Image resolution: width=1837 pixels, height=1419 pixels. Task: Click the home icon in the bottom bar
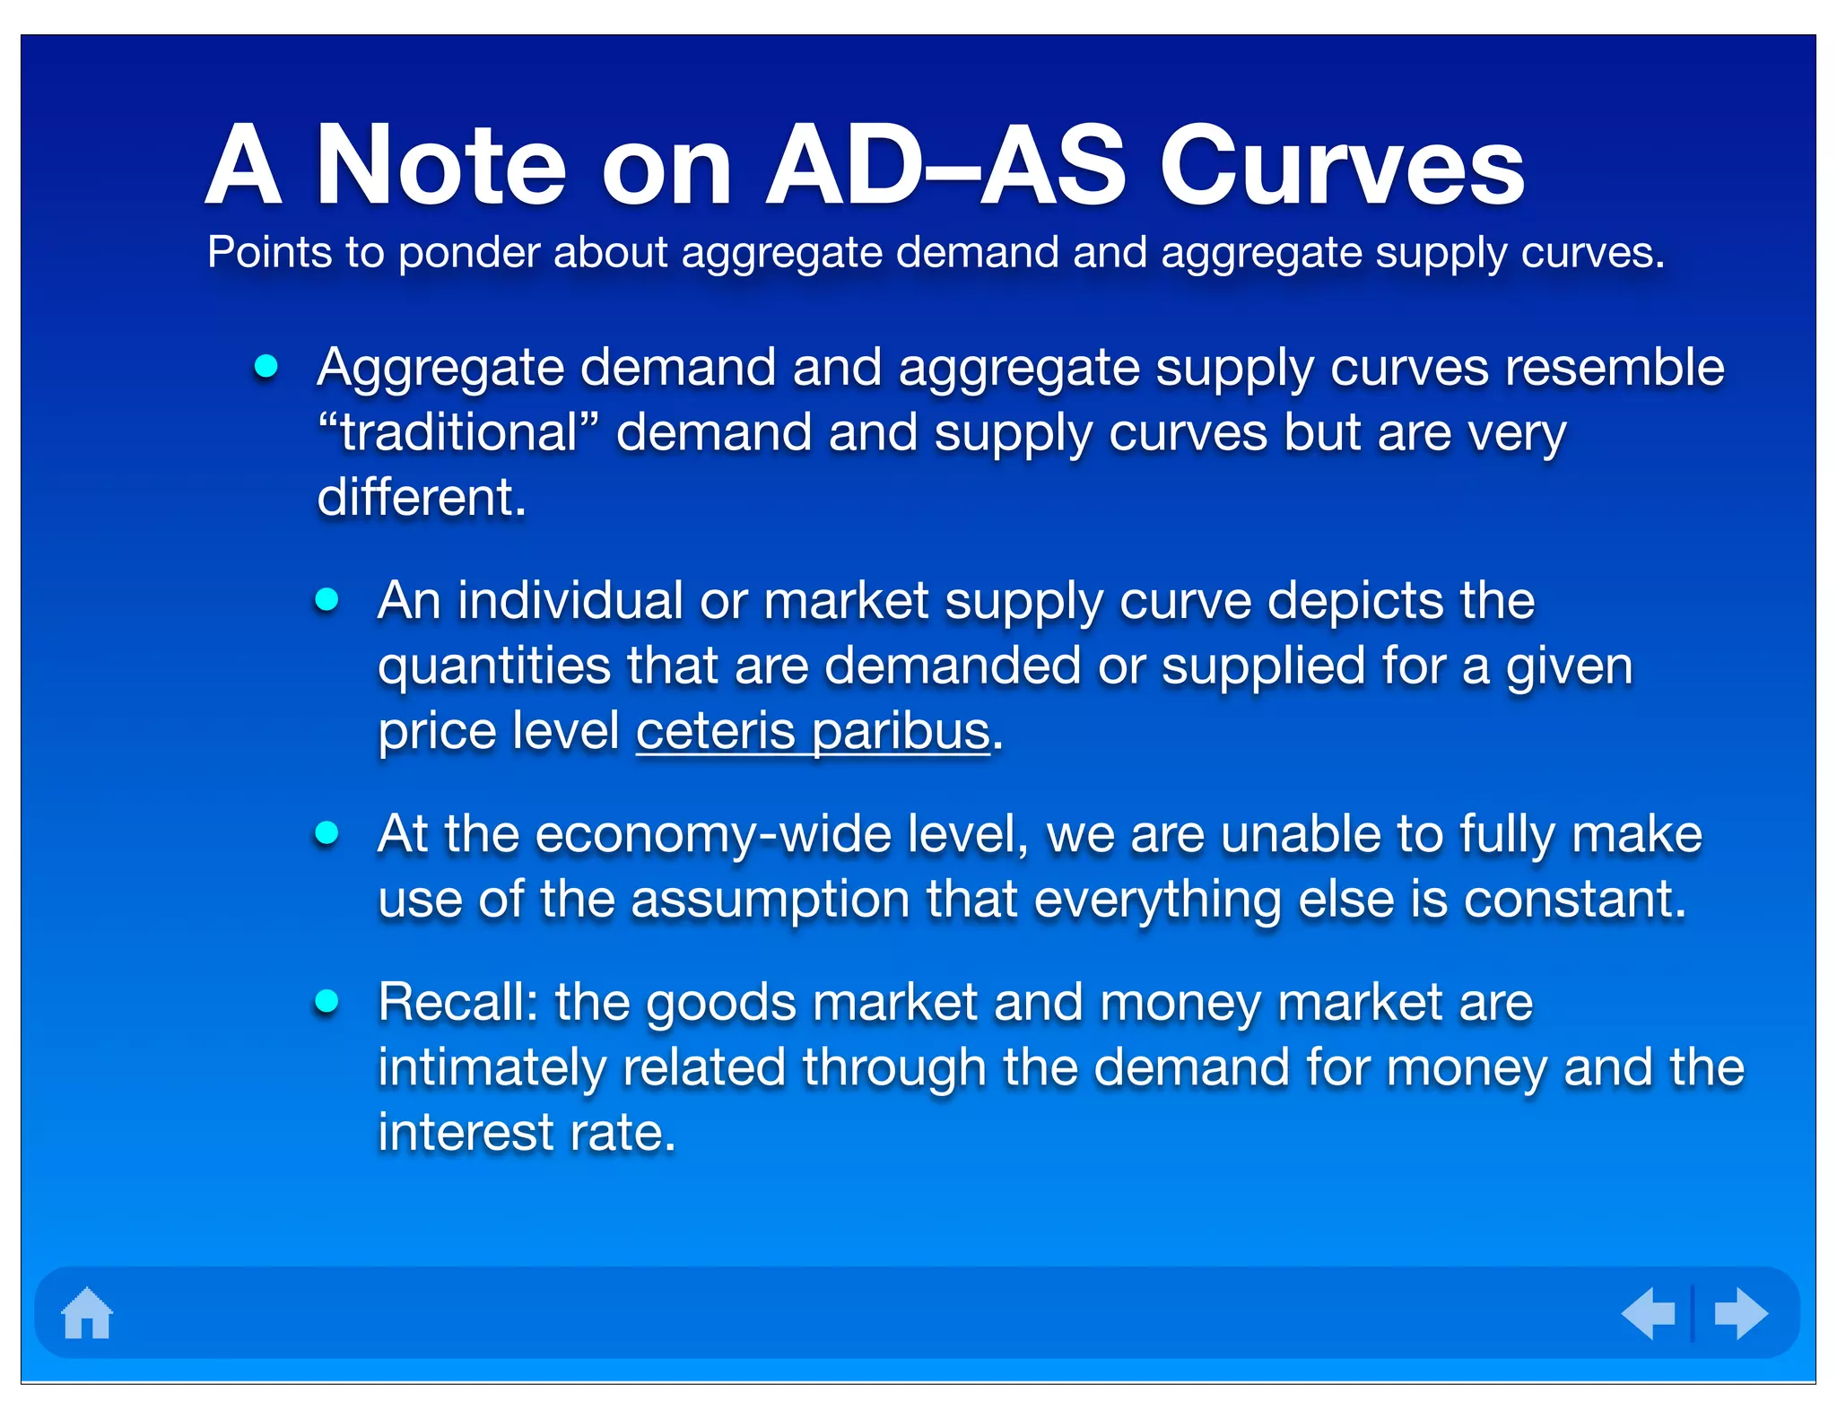point(87,1313)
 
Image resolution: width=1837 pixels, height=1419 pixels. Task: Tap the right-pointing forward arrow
point(1740,1313)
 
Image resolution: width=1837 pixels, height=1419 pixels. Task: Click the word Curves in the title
point(1342,167)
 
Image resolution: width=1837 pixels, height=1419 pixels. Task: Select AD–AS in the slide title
point(945,167)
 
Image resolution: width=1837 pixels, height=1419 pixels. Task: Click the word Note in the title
point(441,167)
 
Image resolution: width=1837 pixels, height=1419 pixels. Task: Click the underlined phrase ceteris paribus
point(813,731)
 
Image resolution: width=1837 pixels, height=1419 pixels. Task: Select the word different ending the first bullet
point(420,498)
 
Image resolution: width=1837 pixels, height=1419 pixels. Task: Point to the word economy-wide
point(713,834)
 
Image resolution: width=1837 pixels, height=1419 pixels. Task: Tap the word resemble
point(1614,368)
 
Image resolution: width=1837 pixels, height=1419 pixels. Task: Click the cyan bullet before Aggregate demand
point(266,366)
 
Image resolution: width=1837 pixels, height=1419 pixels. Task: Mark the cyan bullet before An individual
point(326,599)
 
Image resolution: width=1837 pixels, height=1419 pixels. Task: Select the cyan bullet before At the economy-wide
point(326,833)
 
